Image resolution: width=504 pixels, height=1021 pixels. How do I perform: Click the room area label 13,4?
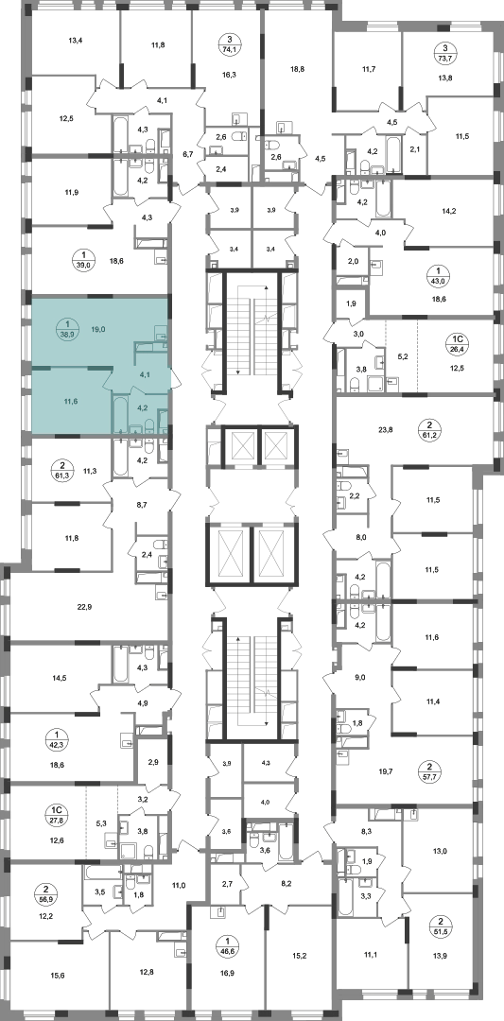pyautogui.click(x=77, y=41)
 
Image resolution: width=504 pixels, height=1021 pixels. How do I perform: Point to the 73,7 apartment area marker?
pyautogui.click(x=444, y=51)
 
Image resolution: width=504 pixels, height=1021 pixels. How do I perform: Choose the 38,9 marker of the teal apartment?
pyautogui.click(x=66, y=330)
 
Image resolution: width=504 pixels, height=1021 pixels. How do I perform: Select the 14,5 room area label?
pyautogui.click(x=59, y=678)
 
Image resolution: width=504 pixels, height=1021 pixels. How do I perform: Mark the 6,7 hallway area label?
pyautogui.click(x=188, y=154)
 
